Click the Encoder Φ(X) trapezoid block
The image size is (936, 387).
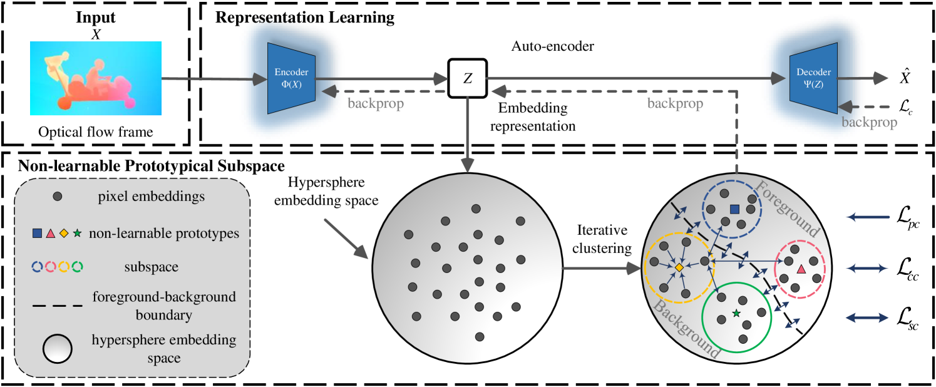click(x=291, y=78)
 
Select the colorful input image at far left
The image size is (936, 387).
click(x=96, y=78)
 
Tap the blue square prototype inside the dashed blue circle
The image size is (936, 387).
click(x=735, y=209)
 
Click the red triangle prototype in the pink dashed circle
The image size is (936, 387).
click(x=801, y=269)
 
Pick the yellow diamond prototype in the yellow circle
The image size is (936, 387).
click(x=679, y=268)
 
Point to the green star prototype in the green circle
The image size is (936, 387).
click(x=736, y=312)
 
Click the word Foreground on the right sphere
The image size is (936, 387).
click(x=788, y=209)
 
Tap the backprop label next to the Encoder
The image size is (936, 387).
click(x=376, y=103)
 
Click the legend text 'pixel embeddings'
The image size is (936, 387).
click(x=152, y=197)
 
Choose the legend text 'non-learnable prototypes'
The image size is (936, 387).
click(x=164, y=234)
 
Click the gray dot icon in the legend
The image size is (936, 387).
click(x=57, y=197)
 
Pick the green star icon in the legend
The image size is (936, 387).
click(x=77, y=234)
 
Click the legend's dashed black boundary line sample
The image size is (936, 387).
click(x=57, y=306)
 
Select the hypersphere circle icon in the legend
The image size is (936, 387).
click(x=57, y=349)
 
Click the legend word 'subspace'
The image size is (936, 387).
click(x=152, y=267)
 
